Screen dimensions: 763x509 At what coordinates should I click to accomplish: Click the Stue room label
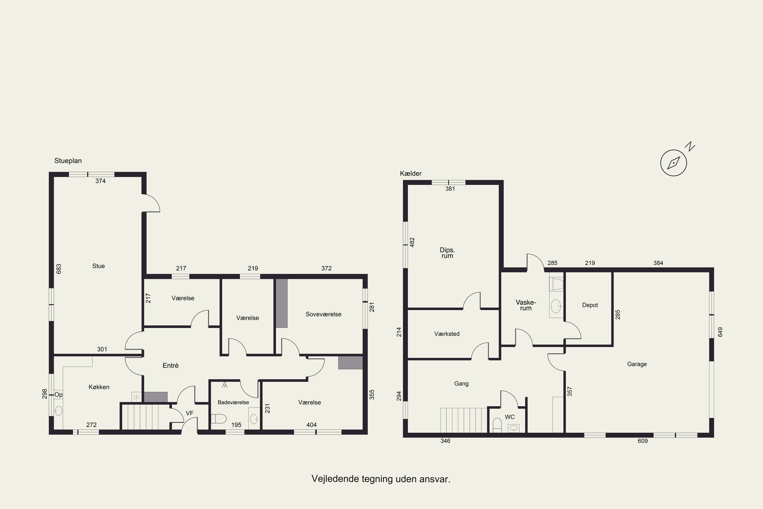[x=99, y=266]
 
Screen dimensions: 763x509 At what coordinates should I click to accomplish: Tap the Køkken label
[x=99, y=387]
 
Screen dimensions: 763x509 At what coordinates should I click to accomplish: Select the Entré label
[x=171, y=365]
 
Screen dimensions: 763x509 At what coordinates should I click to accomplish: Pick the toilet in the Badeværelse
[x=219, y=419]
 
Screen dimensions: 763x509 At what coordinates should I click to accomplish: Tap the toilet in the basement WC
[x=497, y=425]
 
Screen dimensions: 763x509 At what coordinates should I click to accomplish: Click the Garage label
[x=637, y=364]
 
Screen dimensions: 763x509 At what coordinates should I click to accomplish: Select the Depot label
[x=590, y=305]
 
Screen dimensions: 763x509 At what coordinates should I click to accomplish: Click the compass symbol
[x=674, y=163]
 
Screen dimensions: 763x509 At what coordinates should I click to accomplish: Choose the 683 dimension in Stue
[x=59, y=269]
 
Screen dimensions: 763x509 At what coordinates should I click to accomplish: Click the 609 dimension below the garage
[x=643, y=441]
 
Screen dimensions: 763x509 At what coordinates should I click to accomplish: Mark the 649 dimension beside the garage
[x=721, y=332]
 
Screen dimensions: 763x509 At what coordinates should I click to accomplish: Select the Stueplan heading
[x=68, y=161]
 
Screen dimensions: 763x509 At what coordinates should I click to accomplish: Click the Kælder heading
[x=411, y=174]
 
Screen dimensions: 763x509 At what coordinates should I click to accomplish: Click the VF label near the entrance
[x=189, y=413]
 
